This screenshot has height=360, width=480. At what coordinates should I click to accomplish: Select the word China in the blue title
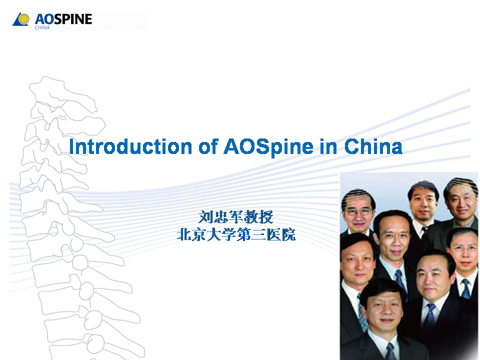373,147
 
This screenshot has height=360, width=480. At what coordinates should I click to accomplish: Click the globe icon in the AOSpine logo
21,19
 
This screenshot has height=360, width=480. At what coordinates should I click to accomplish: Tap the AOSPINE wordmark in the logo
63,19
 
